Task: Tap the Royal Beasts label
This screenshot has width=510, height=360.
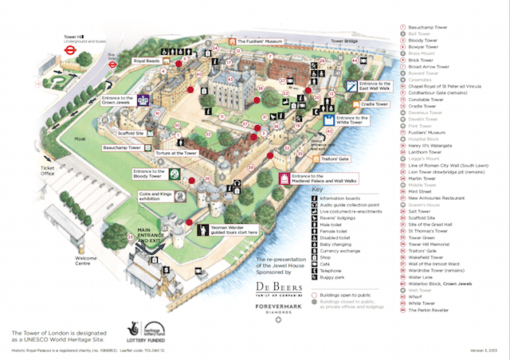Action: click(x=146, y=61)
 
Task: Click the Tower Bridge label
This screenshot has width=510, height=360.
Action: click(x=345, y=41)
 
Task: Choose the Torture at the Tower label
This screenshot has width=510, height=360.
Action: click(x=176, y=151)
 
